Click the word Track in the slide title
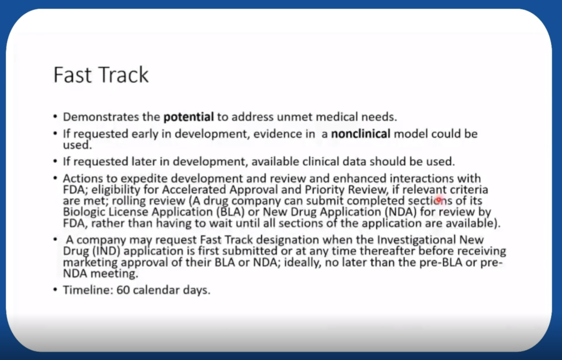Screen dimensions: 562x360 click(x=124, y=75)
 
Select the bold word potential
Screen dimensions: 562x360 click(x=188, y=117)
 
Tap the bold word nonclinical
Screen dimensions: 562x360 click(x=361, y=134)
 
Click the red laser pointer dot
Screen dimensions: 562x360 click(x=438, y=200)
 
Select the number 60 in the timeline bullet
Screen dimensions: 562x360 click(x=123, y=290)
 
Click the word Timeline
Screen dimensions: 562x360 click(x=88, y=290)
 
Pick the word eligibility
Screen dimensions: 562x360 click(x=116, y=190)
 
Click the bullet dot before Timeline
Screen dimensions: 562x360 click(x=55, y=289)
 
